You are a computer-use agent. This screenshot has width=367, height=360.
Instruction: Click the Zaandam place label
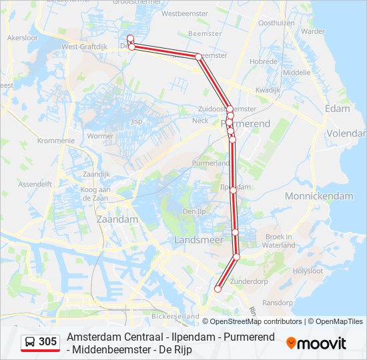click(117, 219)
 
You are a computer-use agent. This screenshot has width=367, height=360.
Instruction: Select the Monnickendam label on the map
click(318, 196)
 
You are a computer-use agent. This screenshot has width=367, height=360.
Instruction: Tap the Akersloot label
click(23, 38)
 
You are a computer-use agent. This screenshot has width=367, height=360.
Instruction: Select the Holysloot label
click(308, 271)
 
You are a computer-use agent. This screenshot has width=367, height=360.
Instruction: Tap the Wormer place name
click(100, 136)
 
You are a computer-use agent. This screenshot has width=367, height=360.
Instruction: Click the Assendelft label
click(35, 183)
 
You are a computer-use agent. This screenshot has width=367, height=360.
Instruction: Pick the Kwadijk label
click(268, 89)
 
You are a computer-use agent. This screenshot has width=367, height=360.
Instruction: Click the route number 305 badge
click(47, 342)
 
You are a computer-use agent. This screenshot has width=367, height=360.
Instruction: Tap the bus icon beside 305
click(30, 342)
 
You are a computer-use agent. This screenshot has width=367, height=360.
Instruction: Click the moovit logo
click(316, 343)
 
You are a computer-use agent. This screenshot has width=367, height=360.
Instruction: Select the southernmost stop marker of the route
click(218, 289)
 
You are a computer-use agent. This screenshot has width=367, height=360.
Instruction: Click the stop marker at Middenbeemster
click(198, 57)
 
